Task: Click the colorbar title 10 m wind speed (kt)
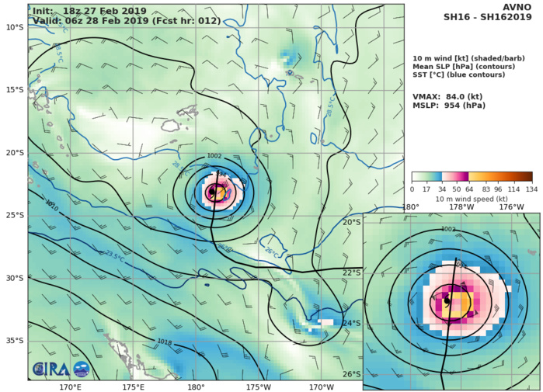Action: tap(472, 199)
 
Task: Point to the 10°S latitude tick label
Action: tap(14, 27)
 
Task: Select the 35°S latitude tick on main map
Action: tap(14, 340)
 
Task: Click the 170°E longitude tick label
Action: tap(70, 387)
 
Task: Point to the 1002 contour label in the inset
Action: tap(448, 229)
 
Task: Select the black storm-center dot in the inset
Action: tap(447, 300)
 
